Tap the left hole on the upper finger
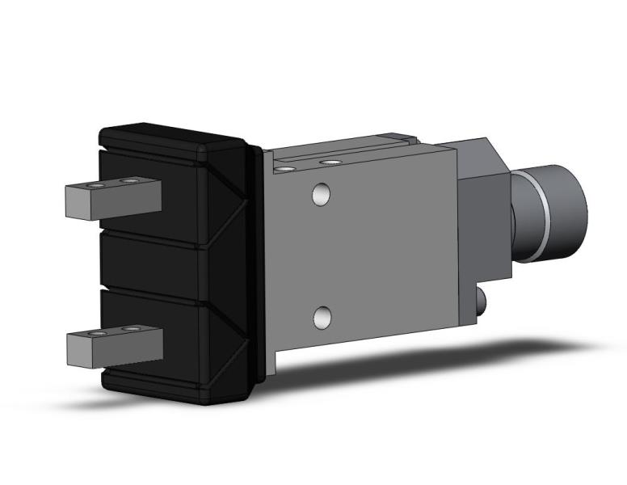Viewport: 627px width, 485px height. tap(98, 185)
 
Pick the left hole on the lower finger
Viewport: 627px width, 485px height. tap(99, 333)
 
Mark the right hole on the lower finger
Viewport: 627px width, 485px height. tap(129, 329)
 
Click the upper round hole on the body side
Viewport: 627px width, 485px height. tap(321, 195)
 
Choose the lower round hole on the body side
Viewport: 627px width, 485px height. tap(322, 318)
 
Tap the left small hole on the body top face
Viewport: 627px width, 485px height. tap(284, 170)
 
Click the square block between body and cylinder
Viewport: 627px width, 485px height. tap(482, 198)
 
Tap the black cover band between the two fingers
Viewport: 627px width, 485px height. tap(154, 265)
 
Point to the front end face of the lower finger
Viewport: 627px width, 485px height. tap(76, 349)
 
